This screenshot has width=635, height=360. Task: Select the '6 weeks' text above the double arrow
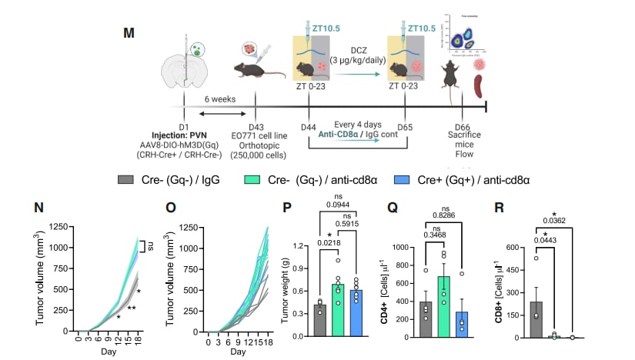coord(220,100)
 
